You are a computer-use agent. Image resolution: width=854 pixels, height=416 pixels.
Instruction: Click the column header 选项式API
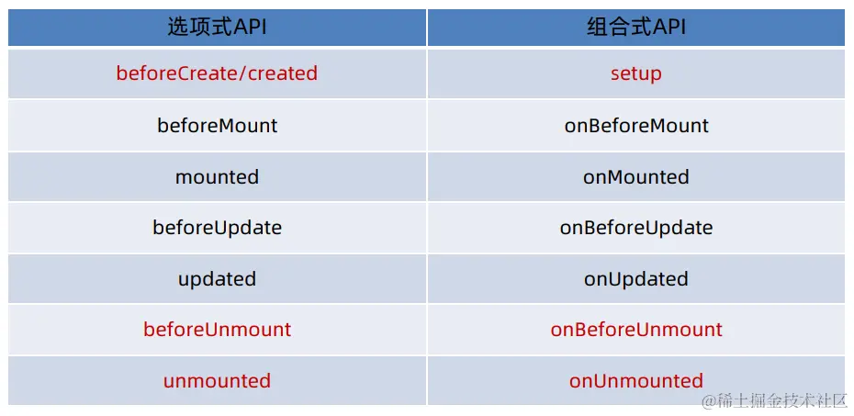tap(218, 27)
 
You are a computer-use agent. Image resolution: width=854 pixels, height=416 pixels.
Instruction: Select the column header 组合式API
tap(636, 27)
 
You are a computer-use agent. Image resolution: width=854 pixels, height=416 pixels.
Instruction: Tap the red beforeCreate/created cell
tap(217, 73)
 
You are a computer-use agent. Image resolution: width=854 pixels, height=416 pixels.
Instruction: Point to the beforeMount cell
tap(218, 125)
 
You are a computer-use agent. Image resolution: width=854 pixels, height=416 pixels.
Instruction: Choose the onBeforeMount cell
tap(636, 125)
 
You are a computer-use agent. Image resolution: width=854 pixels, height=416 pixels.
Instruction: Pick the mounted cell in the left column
tap(218, 176)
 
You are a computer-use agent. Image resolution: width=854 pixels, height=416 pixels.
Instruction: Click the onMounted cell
tap(636, 176)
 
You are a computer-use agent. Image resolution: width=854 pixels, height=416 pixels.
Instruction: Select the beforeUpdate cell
tap(218, 227)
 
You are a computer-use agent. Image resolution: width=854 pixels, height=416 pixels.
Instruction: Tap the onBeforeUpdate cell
tap(636, 227)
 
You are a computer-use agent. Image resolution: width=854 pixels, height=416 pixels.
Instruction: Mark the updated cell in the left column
tap(218, 279)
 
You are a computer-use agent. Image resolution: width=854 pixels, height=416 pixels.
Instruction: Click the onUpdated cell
tap(636, 279)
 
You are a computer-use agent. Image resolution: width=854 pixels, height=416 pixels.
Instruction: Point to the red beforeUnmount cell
tap(218, 329)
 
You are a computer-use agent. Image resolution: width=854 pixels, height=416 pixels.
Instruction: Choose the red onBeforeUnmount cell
tap(636, 329)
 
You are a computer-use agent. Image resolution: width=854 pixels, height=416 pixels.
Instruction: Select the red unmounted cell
tap(218, 380)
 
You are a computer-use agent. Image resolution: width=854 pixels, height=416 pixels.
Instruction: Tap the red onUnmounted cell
tap(636, 380)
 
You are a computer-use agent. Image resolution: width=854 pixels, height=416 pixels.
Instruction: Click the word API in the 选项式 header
tap(250, 28)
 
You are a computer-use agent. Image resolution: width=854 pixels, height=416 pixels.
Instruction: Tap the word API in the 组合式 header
tap(669, 28)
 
